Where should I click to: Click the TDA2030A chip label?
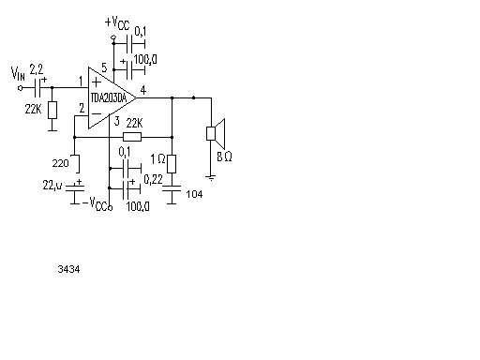[109, 98]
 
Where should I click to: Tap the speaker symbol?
[216, 133]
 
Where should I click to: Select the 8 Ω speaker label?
[224, 157]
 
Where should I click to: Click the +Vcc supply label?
[117, 22]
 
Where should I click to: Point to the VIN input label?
[18, 73]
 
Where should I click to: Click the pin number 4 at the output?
[143, 90]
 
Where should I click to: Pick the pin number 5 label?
[104, 67]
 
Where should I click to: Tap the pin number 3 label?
[117, 121]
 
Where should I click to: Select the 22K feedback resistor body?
[132, 137]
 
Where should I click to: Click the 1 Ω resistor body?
[172, 164]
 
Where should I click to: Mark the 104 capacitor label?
[194, 194]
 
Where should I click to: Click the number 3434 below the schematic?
[68, 269]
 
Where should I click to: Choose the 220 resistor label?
[60, 163]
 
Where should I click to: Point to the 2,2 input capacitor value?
[37, 69]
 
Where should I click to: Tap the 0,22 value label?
[153, 179]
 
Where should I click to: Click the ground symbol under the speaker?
[211, 178]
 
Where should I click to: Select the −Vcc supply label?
[96, 203]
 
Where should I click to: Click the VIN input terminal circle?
[21, 88]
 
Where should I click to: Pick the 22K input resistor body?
[52, 110]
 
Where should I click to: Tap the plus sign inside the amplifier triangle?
[97, 82]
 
